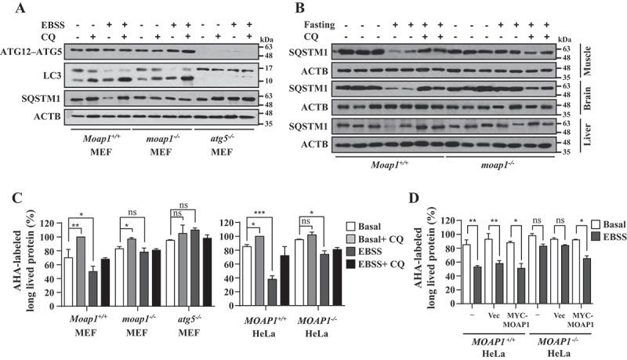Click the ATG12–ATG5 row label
click(x=32, y=53)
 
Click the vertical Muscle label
click(x=618, y=60)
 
